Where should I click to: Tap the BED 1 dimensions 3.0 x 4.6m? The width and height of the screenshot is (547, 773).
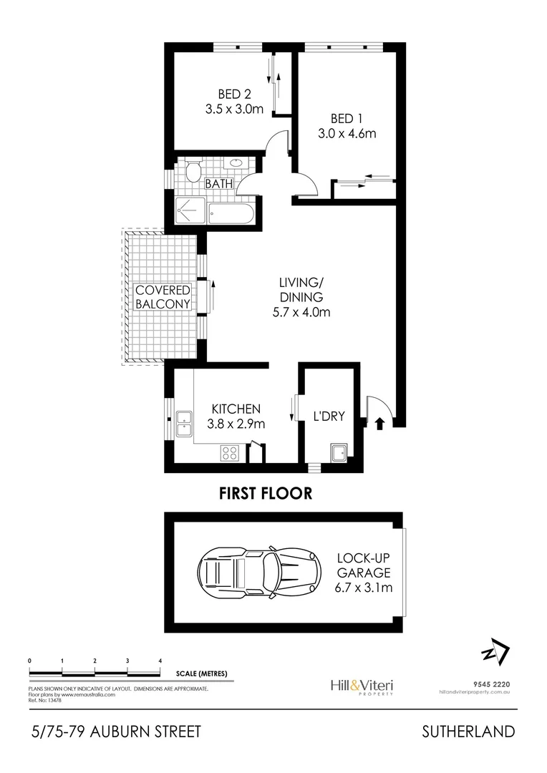click(x=347, y=133)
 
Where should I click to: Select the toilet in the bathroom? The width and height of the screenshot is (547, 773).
click(x=192, y=172)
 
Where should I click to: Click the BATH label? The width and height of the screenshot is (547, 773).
click(x=219, y=184)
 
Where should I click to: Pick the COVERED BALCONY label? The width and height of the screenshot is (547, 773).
click(x=163, y=296)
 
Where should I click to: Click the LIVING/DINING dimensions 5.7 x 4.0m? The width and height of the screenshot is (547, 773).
click(x=301, y=311)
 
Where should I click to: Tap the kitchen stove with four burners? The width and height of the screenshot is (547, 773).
click(x=229, y=452)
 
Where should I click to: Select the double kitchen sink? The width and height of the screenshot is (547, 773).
click(x=183, y=424)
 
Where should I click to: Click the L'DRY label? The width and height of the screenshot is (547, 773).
click(x=329, y=415)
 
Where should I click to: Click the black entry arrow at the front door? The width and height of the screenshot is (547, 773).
click(x=379, y=423)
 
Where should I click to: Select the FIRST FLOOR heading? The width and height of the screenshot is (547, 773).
click(x=266, y=493)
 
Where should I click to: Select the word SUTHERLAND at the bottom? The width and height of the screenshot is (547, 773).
click(x=468, y=731)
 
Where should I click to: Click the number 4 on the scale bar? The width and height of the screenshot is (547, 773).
click(x=160, y=660)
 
